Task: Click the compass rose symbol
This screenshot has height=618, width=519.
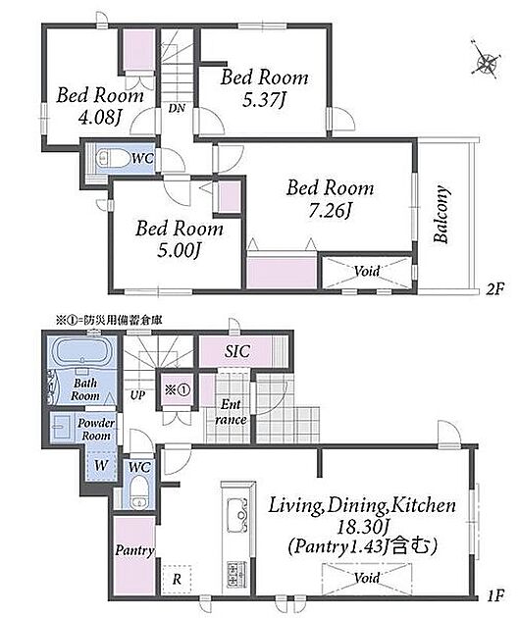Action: (486, 60)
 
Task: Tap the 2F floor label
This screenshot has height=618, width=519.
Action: (494, 289)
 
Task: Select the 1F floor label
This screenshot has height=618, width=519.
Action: (495, 595)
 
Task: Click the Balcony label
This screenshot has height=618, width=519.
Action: (441, 214)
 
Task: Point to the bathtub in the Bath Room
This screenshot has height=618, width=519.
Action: (82, 352)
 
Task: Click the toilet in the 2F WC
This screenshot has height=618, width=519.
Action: (112, 158)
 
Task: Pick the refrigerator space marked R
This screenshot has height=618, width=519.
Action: (177, 580)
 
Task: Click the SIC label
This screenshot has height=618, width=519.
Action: (237, 351)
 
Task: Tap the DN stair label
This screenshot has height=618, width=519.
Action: (177, 108)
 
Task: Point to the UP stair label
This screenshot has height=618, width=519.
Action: (137, 395)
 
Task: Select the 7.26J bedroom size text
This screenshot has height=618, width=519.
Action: (330, 211)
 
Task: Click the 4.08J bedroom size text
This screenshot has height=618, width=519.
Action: (99, 117)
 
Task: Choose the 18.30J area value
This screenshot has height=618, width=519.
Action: (363, 526)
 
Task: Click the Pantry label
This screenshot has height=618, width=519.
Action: (134, 551)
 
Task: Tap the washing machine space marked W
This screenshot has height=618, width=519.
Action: (101, 466)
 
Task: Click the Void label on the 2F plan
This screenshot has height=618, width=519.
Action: (367, 271)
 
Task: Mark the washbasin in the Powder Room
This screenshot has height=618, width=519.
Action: (61, 427)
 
